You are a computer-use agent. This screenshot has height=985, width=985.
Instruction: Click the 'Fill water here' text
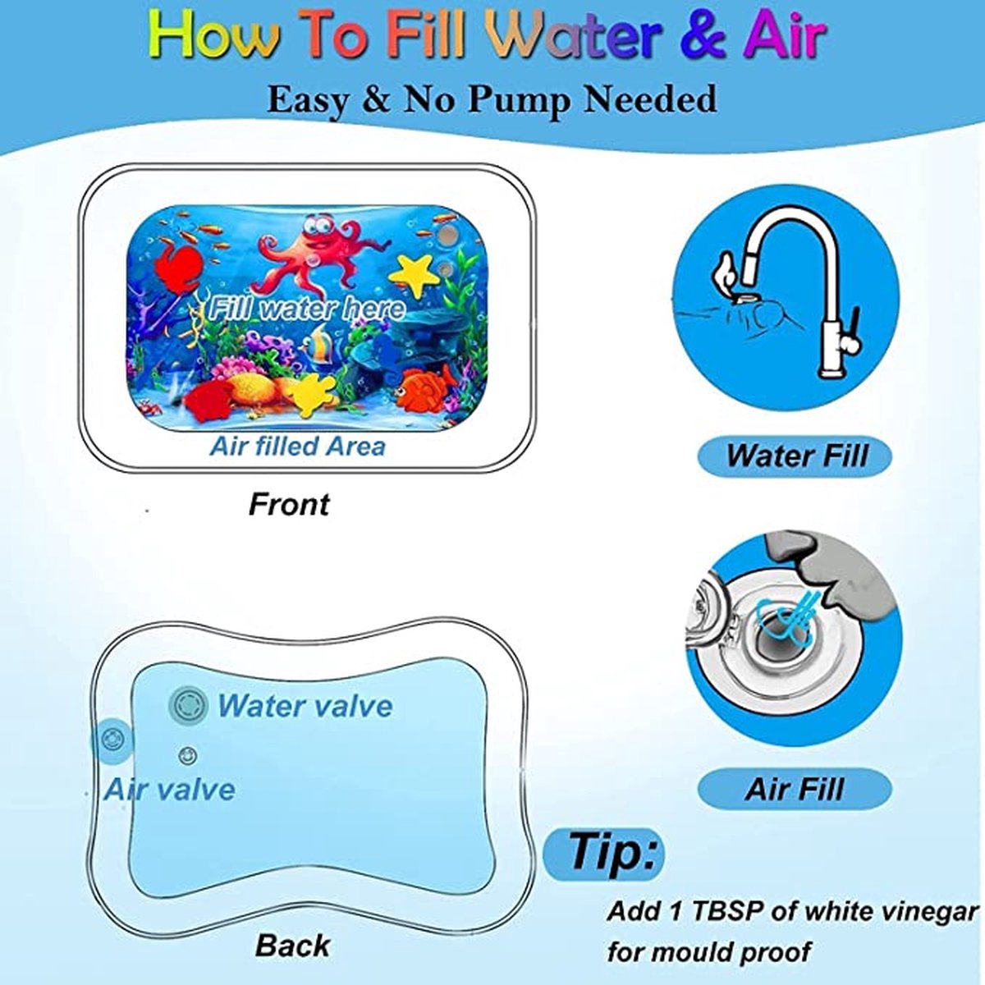click(x=306, y=309)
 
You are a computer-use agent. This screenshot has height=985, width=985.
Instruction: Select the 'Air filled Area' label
click(x=298, y=447)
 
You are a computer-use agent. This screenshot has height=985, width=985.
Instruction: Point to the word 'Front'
click(x=289, y=504)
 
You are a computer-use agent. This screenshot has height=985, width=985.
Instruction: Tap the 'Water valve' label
click(x=305, y=705)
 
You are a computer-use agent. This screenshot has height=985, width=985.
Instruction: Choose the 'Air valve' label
click(x=169, y=789)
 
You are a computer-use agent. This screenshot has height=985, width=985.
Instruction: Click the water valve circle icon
click(x=188, y=705)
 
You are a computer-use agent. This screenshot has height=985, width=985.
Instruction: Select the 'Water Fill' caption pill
click(x=795, y=456)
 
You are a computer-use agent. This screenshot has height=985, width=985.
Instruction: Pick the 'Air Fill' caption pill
click(x=795, y=789)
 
